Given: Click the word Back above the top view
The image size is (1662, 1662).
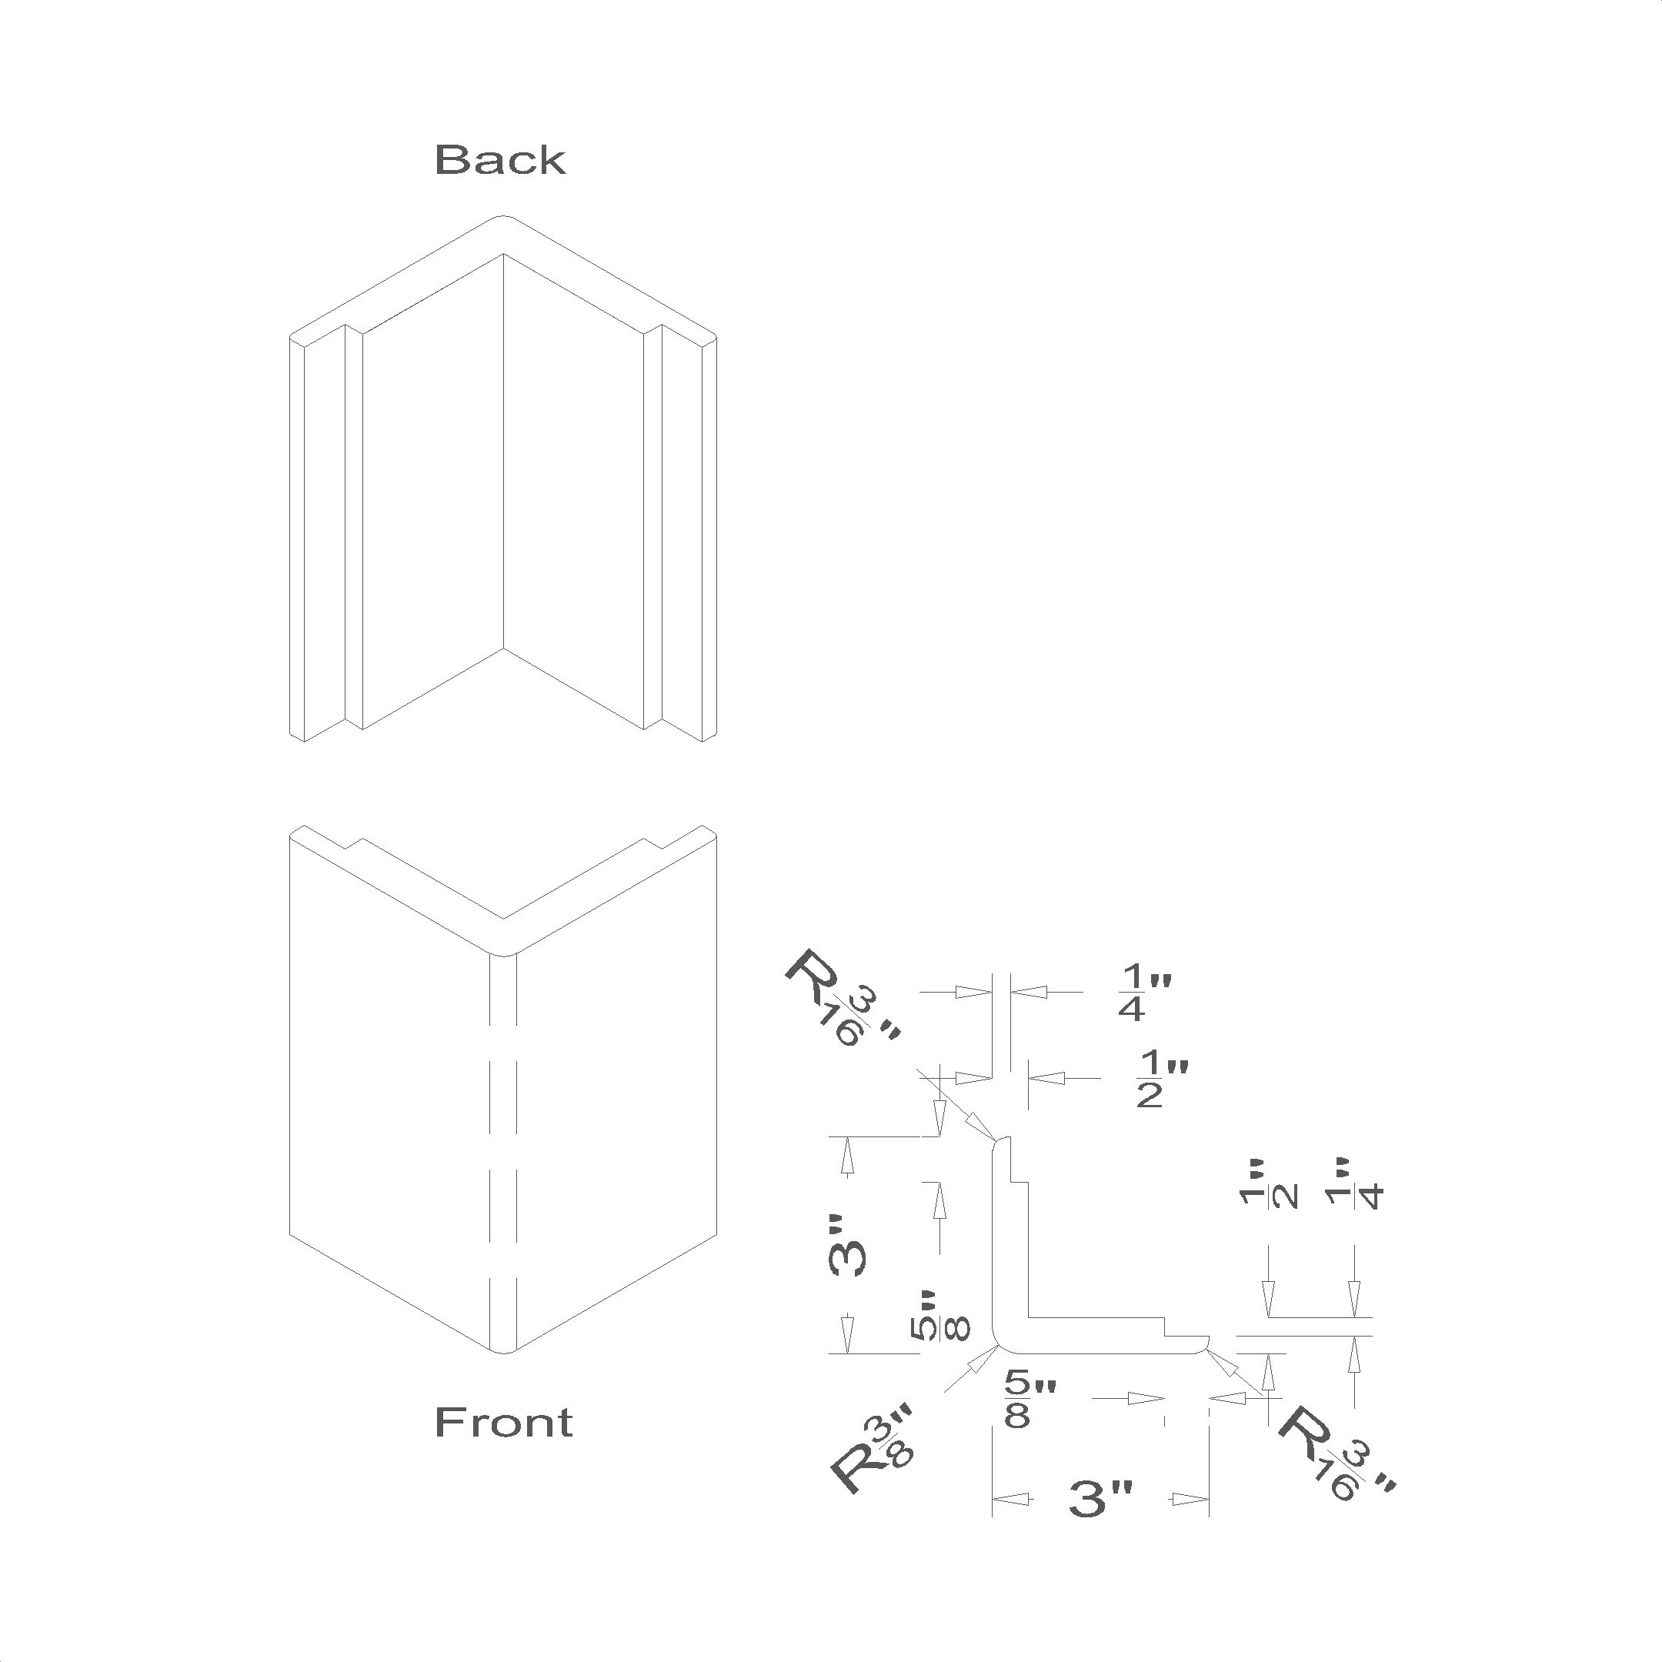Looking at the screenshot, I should pyautogui.click(x=500, y=160).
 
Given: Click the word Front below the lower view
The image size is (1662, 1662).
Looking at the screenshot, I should pyautogui.click(x=503, y=1422).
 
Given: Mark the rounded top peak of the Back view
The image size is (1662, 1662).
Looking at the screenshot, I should pyautogui.click(x=503, y=217).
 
